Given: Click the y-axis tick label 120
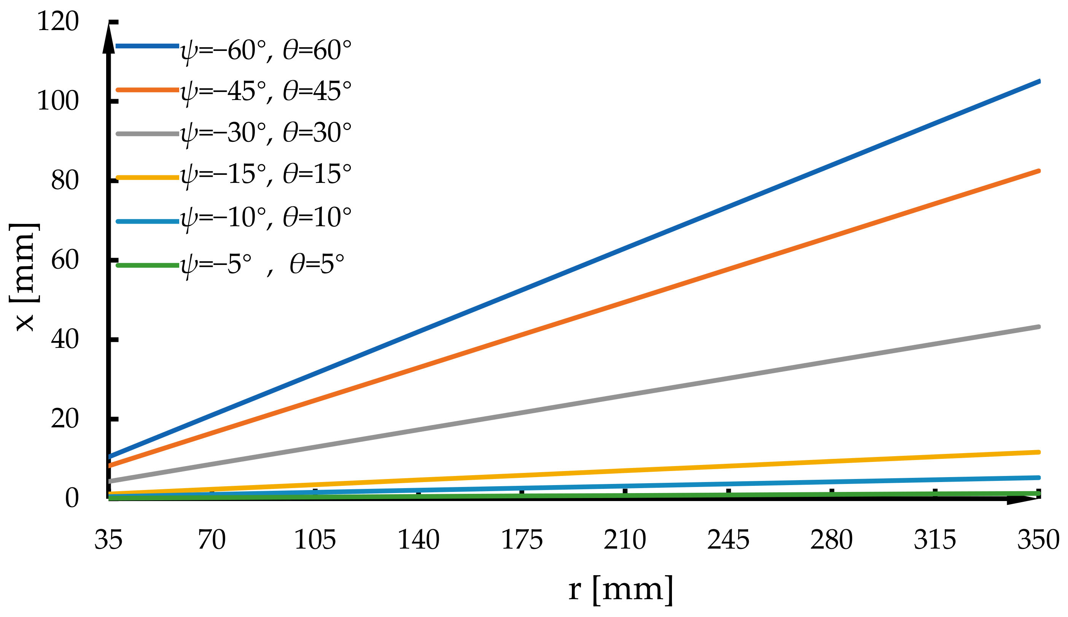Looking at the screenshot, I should [58, 22].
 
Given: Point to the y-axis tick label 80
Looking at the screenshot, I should [65, 181].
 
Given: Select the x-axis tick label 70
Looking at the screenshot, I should [212, 540].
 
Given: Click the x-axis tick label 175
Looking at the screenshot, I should [522, 540].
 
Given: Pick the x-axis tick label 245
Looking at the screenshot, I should [728, 540].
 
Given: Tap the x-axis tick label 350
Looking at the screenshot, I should [1038, 540].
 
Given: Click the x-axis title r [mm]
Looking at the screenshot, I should [621, 589].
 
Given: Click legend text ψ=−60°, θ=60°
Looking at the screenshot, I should [266, 51].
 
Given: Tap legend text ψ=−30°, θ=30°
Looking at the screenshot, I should [266, 133].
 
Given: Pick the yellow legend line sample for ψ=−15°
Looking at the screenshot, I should [148, 178].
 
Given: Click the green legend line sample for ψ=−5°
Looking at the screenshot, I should [148, 265].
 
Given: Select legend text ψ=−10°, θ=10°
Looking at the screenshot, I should [266, 218].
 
